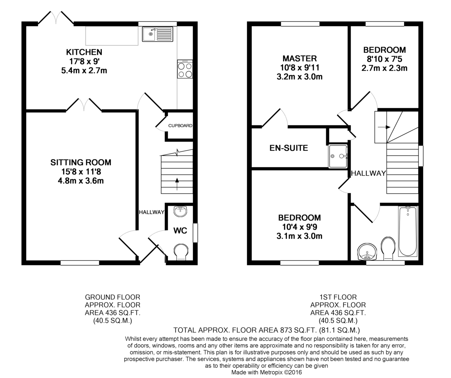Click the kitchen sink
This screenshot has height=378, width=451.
coord(157,34)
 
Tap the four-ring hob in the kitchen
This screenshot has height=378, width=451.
coord(185,69)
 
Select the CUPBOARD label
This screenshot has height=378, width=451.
coord(180,126)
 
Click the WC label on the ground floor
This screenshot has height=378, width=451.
coord(180,230)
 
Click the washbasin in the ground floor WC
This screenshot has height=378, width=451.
coord(180,211)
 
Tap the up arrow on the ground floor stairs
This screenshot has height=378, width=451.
coord(177,184)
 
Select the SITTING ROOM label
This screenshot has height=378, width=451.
coord(81,163)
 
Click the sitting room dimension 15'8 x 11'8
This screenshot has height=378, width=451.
coord(81,172)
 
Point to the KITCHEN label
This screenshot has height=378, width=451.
coord(84,52)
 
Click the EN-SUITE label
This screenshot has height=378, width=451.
coord(289,148)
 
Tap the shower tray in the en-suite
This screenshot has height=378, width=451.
coord(338,156)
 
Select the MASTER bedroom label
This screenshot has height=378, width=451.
coord(300,59)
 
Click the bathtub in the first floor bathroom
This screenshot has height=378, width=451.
coord(407,231)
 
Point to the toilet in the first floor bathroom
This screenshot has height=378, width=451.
coord(388,248)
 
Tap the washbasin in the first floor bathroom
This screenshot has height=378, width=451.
coord(367,252)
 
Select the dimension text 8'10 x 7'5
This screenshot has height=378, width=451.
coord(384,59)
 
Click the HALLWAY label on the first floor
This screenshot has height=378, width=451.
coord(368,173)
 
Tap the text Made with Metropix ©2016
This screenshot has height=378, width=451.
coord(266,372)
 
